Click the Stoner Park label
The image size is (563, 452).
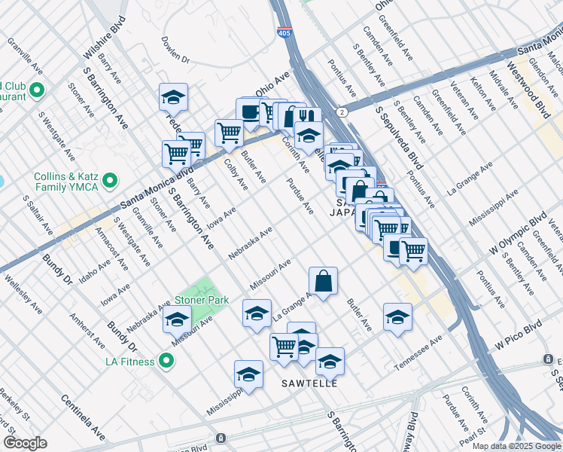pos(202,300)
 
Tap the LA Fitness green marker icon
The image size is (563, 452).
pos(168,362)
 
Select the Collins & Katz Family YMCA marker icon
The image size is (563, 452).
pos(111,181)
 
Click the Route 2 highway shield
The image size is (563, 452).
pos(342,111)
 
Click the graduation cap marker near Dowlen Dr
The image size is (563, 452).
pos(173,96)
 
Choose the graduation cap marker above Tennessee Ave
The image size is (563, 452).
pos(397,316)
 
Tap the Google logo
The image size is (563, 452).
pos(25,442)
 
